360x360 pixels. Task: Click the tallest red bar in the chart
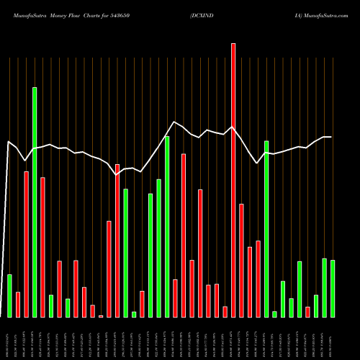233,180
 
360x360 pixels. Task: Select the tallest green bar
35,202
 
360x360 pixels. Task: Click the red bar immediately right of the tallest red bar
241,260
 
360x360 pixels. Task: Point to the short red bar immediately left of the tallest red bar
225,311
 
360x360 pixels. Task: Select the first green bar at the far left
9,295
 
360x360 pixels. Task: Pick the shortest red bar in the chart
101,315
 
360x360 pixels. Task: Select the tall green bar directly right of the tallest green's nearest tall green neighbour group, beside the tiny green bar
126,253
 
